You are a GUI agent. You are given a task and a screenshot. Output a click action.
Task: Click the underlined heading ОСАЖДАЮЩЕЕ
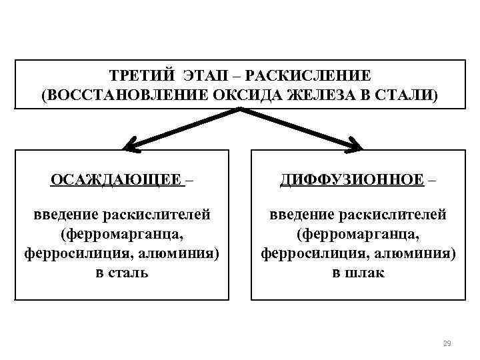pyautogui.click(x=115, y=180)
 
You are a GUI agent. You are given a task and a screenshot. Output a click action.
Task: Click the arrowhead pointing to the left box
pyautogui.click(x=131, y=143)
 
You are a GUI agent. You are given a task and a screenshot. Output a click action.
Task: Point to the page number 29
pyautogui.click(x=447, y=343)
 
